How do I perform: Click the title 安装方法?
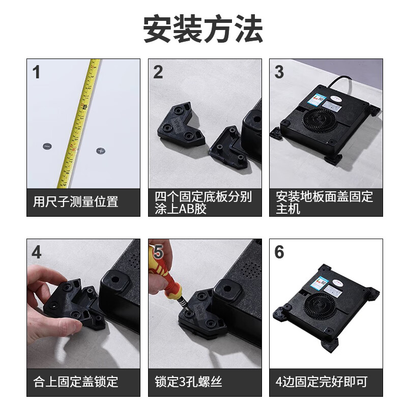click(203, 29)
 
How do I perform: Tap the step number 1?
click(36, 72)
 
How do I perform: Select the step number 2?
click(158, 72)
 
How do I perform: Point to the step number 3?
click(279, 72)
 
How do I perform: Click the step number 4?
click(36, 252)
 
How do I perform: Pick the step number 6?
click(279, 252)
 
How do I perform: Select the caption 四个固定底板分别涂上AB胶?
click(203, 202)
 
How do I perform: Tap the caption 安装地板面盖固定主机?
click(324, 202)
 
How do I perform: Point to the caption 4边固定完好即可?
click(321, 382)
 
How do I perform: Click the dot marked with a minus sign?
click(47, 147)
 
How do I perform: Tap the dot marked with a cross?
click(101, 151)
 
